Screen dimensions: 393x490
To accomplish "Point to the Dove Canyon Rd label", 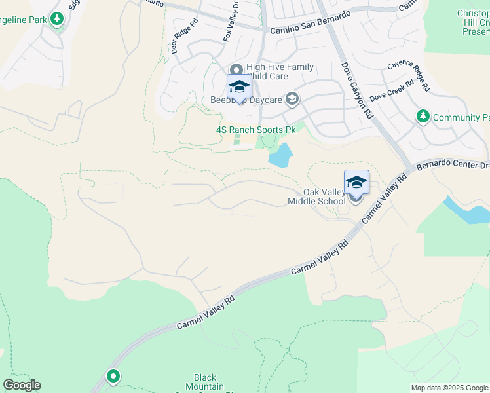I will point(356,90).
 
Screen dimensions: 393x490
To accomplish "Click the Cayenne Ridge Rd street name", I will point(408,75).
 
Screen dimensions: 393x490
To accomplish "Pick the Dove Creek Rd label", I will point(392,92).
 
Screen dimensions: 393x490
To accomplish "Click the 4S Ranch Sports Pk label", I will point(256,130).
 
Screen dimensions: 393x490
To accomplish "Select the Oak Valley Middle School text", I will point(316,197).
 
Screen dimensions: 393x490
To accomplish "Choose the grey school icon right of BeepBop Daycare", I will point(292,100).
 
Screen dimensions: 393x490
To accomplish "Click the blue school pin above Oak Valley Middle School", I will point(356,183).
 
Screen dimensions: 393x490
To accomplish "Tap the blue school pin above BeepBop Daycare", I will point(239,88).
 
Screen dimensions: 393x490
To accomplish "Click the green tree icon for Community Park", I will point(423,117).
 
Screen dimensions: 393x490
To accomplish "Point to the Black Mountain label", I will point(205,382).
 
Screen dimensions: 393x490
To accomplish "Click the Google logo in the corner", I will point(22,385).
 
